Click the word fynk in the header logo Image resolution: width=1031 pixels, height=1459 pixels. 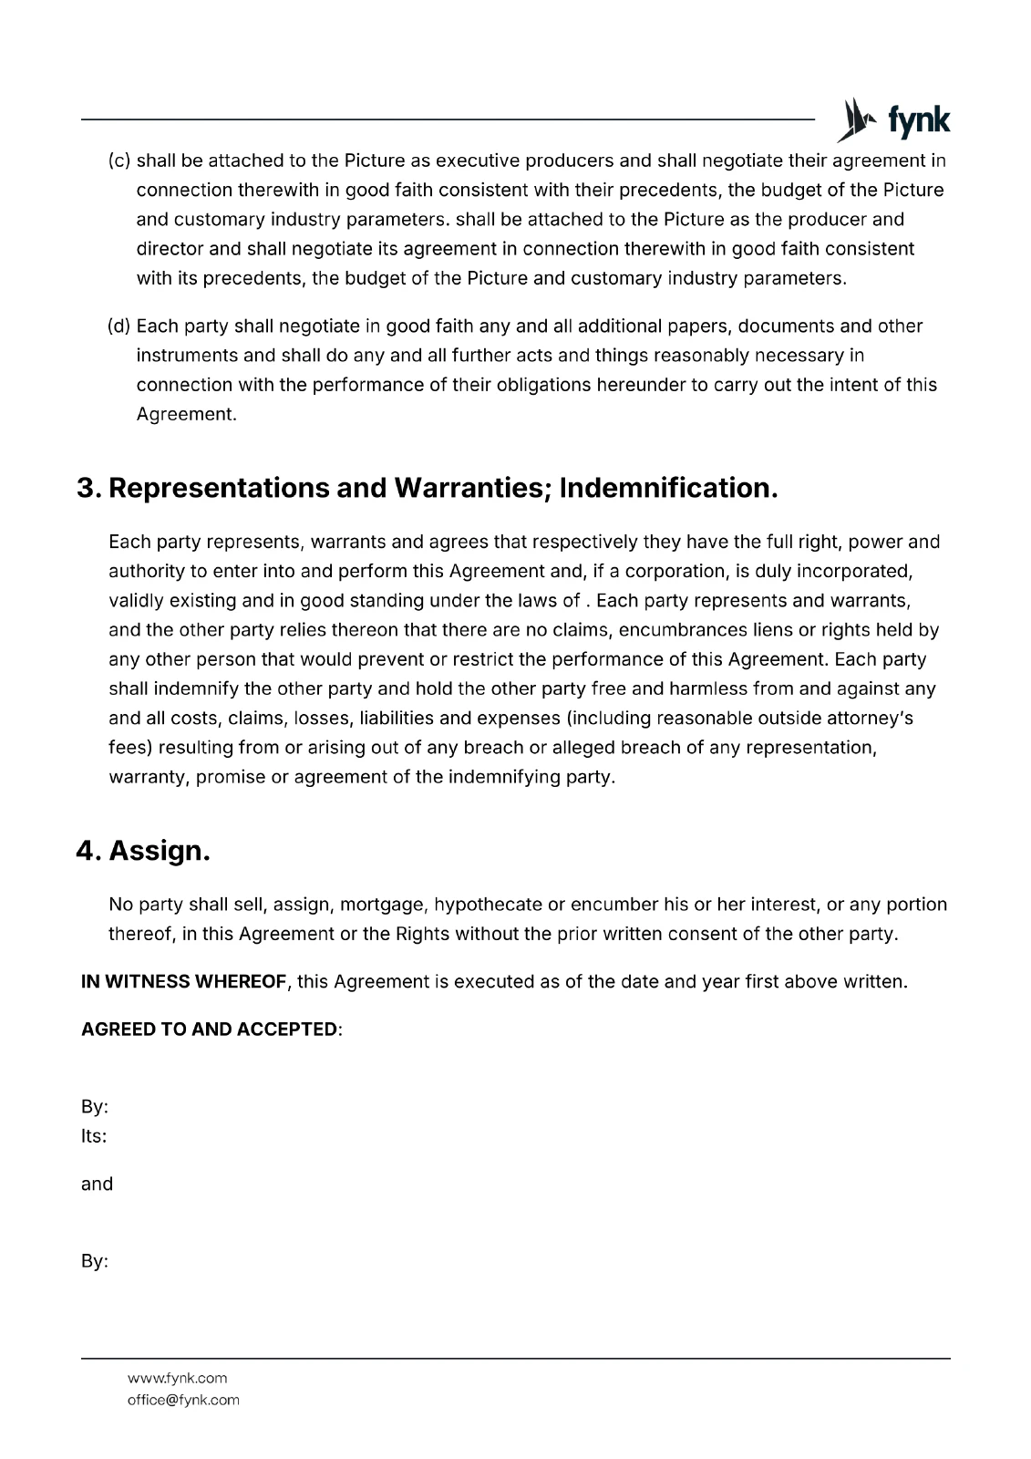tap(918, 120)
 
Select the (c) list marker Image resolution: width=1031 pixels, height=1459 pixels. tap(119, 161)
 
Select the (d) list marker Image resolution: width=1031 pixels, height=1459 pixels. tap(119, 326)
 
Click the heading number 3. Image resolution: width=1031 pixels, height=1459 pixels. tap(88, 488)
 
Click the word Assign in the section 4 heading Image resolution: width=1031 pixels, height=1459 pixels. tap(159, 851)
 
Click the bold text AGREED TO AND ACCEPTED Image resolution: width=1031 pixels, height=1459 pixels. tap(210, 1030)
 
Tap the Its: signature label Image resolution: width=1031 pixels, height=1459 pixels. tap(94, 1136)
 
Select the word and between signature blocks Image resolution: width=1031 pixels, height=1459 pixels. tap(97, 1185)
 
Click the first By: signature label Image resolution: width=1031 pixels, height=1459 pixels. tap(95, 1107)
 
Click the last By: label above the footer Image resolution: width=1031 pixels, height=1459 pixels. tap(95, 1262)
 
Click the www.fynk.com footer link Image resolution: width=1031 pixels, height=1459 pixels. tap(177, 1378)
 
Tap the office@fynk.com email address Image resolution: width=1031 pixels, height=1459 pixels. tap(183, 1400)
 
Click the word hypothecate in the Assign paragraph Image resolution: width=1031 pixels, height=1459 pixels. tap(488, 905)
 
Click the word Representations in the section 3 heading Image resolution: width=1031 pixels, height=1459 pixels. tap(219, 488)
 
